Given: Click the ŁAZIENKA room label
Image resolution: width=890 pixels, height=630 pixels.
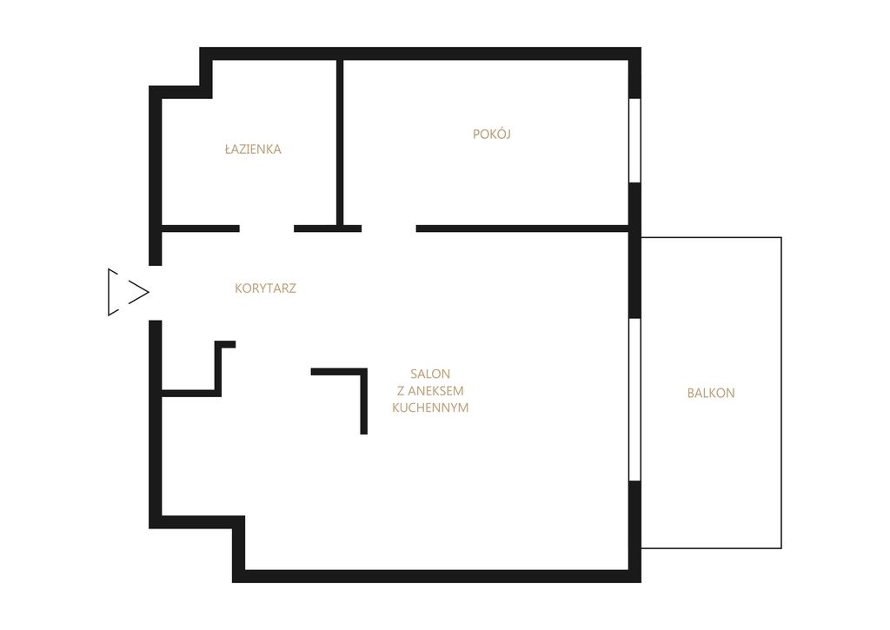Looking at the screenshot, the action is point(253,149).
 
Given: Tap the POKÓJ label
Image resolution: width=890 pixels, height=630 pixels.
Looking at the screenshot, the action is point(492,134).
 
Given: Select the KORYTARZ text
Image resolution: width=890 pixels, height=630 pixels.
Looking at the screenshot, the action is point(265,288).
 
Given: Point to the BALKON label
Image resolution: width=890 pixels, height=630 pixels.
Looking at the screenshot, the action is point(711,393).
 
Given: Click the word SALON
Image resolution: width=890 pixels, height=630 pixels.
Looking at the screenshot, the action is point(430,374).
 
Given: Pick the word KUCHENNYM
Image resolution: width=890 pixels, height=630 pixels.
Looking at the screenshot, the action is point(430,408).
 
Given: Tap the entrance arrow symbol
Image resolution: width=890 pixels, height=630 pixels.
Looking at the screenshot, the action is point(129,292).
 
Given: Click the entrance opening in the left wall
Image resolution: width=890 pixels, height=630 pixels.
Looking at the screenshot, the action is point(156,293).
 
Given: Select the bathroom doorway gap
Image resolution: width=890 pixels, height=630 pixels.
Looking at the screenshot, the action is point(267,229).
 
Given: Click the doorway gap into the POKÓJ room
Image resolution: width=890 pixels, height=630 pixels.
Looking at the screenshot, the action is point(389,229).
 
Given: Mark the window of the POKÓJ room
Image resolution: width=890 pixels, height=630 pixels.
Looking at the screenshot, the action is point(635,140).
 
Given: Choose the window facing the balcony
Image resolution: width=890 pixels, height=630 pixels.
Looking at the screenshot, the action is point(635,400).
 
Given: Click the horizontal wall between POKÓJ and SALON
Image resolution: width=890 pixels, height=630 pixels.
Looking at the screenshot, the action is point(522,229).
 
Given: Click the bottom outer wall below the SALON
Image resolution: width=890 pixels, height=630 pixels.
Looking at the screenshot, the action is point(436,576).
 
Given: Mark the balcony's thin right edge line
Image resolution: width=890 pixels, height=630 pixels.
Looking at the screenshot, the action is point(781,393).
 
